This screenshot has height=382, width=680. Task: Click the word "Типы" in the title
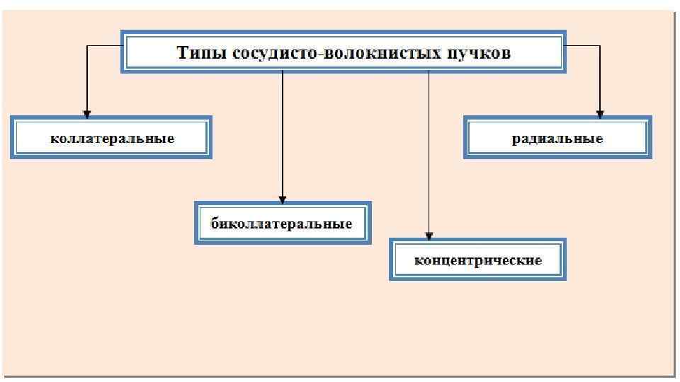coord(200,53)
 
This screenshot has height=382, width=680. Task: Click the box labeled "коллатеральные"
coord(111,138)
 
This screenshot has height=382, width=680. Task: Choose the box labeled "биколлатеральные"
coord(282,224)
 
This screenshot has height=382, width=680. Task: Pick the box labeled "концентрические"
coord(477,260)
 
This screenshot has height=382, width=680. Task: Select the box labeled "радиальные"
coord(557,138)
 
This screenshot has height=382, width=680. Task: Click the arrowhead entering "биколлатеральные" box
coord(283,199)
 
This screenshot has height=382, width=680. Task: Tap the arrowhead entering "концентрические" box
coord(429,235)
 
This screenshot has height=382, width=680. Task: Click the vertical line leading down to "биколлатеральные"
coord(283,134)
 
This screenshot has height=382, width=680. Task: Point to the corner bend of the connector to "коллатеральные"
coord(86,46)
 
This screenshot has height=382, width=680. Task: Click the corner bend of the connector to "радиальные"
coord(600,46)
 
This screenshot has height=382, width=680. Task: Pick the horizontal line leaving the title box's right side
coord(583,46)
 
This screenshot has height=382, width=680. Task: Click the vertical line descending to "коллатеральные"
coord(86,78)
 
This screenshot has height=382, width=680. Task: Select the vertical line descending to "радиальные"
coord(600,78)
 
